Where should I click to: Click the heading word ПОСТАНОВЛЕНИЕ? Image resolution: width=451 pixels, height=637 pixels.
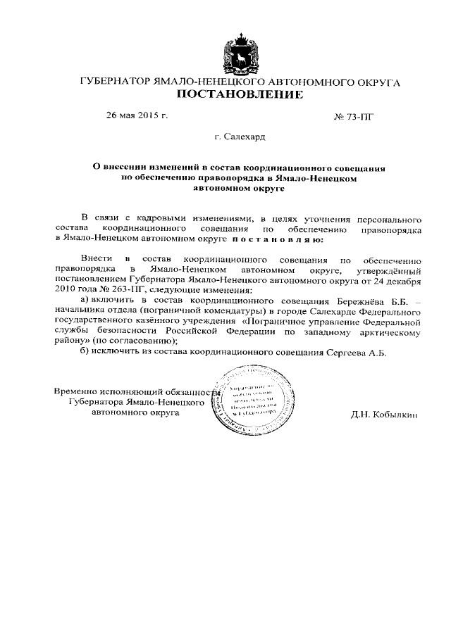(240, 94)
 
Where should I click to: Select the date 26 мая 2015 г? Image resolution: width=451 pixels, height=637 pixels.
(137, 115)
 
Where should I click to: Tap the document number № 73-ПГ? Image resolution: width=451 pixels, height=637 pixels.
(353, 116)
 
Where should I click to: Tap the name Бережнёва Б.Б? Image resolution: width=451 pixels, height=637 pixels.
(375, 300)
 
